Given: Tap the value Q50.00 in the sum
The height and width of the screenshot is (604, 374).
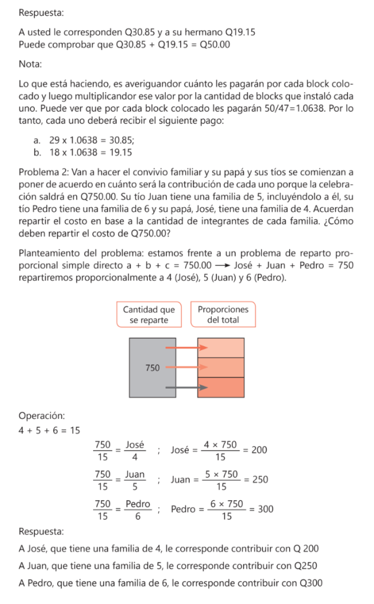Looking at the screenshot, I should [215, 44].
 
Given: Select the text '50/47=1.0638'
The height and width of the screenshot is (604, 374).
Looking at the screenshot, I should [307, 109].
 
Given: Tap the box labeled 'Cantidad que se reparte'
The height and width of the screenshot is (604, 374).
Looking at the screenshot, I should [149, 314].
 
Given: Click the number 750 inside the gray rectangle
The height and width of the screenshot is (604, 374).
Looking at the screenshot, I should [152, 367].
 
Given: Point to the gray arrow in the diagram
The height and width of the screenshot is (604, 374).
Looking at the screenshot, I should [187, 388].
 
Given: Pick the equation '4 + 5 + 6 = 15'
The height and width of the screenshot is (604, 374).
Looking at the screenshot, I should [49, 430].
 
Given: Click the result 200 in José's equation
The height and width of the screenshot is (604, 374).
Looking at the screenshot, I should [259, 450].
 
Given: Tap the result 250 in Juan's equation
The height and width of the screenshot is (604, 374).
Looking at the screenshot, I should [260, 480].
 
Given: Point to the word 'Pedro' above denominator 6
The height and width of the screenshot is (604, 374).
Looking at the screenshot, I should [138, 503].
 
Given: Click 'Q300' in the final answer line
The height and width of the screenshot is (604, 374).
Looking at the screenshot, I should [311, 583].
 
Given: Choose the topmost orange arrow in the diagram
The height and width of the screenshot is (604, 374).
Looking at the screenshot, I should [187, 348].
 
